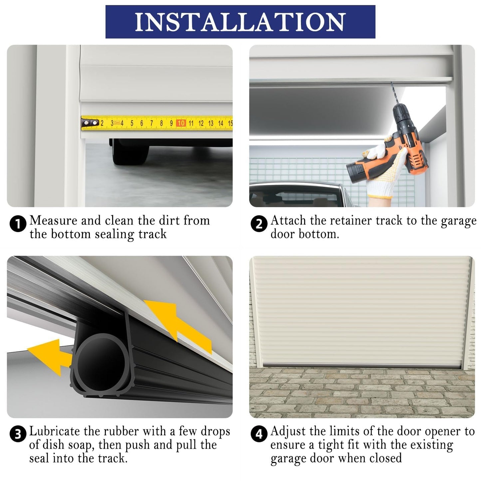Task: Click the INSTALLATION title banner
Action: [240, 22]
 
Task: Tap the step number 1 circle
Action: [18, 224]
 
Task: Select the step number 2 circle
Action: [259, 224]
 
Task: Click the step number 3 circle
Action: [18, 434]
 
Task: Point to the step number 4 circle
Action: [259, 434]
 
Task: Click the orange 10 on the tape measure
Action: [181, 123]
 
